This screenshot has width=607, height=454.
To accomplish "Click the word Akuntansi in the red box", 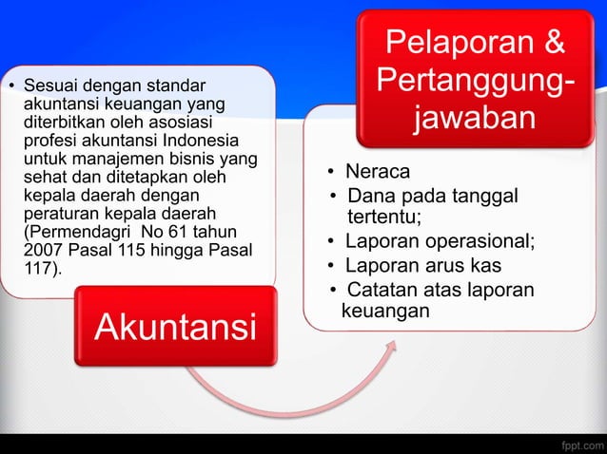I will (175, 327).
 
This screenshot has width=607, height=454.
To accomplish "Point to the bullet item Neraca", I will (378, 172).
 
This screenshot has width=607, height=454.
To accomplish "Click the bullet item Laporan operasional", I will (439, 240).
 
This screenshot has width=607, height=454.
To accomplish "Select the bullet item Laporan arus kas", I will (422, 265).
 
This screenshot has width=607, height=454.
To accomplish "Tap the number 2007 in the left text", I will (41, 250).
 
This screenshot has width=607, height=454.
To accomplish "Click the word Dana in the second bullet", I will (368, 196).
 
